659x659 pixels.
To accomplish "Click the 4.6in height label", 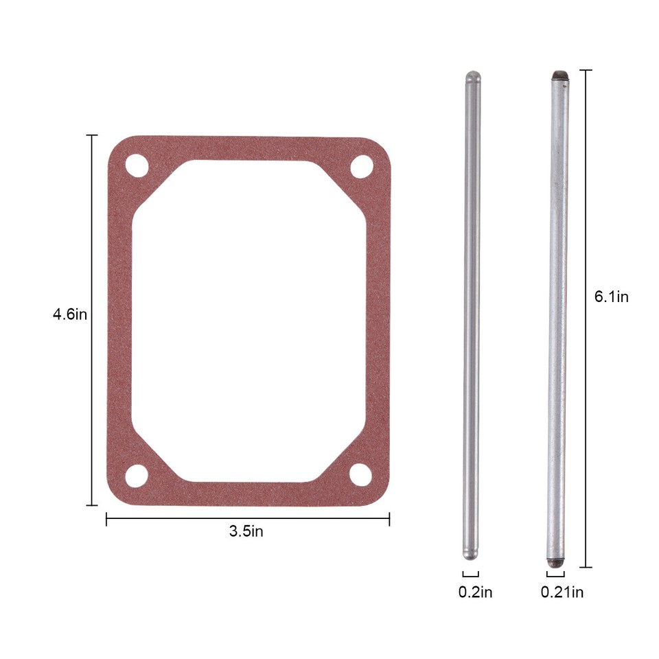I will click(x=70, y=315).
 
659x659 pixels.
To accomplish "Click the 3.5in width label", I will click(x=246, y=531).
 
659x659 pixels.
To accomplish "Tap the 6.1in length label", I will click(x=611, y=297).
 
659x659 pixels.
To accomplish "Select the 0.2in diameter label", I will click(x=475, y=592).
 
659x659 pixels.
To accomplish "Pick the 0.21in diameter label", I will click(x=562, y=592).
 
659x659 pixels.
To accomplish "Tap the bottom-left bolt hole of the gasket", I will click(x=137, y=474).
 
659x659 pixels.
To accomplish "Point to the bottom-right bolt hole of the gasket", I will click(x=360, y=474).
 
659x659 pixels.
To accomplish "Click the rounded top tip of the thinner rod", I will click(x=472, y=76).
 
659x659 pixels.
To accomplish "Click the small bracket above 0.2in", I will click(x=470, y=574).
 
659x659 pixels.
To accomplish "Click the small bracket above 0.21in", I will click(x=555, y=574).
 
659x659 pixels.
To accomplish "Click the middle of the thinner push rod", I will click(x=472, y=316).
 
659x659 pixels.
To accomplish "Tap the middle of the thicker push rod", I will click(x=558, y=316).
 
